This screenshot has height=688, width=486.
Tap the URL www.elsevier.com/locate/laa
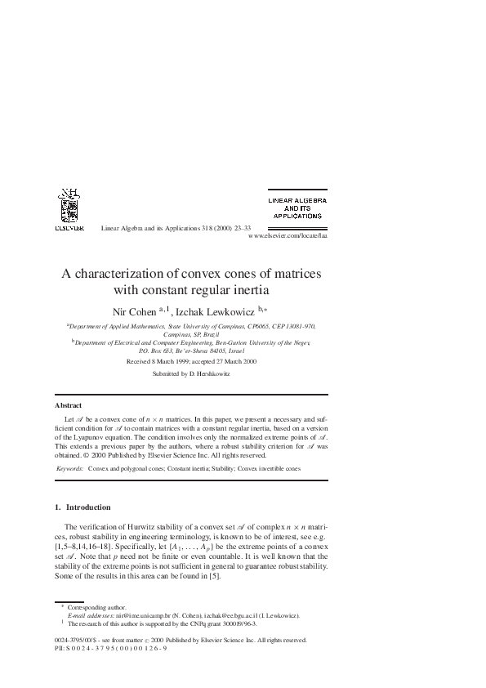tap(287, 234)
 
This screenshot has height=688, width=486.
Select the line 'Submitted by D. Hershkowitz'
tap(192, 373)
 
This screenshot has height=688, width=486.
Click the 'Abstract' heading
tap(68, 405)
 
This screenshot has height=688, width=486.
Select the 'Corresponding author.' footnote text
tap(93, 607)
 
